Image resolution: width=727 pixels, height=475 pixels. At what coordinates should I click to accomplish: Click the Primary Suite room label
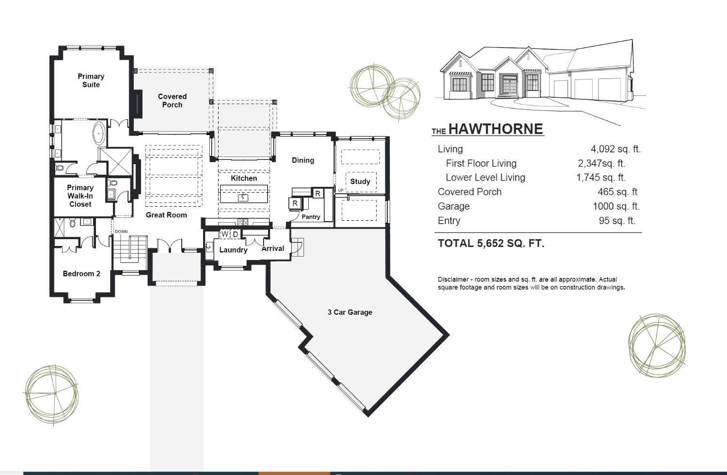pos(91,80)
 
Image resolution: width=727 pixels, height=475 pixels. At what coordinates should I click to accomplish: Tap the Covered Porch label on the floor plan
pos(173,101)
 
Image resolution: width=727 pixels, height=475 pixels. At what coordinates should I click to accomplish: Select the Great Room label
pos(166,215)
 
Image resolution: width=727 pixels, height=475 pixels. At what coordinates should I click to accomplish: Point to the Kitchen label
pos(244,178)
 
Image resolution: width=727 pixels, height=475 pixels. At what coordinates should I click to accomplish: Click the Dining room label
pos(303,160)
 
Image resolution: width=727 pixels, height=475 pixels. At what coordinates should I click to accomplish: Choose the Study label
pos(360,181)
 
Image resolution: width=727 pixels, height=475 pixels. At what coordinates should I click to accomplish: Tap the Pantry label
pos(311,216)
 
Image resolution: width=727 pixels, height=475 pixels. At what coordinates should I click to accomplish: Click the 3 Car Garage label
pos(350,312)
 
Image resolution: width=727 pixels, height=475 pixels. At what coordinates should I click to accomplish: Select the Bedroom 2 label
pos(81,273)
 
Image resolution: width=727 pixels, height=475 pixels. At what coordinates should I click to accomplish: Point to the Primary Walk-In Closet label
pos(80,196)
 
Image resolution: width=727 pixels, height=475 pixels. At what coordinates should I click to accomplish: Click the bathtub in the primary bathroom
pos(99,134)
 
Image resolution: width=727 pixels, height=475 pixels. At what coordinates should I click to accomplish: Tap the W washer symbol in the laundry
pos(224,234)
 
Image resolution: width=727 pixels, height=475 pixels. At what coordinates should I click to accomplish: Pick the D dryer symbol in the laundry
pos(236,234)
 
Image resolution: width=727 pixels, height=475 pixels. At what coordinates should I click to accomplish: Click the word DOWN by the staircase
pos(121,231)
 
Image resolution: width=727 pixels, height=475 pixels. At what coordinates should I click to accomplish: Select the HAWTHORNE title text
pos(496,129)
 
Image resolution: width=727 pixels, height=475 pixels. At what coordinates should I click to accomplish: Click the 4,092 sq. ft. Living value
pos(616,149)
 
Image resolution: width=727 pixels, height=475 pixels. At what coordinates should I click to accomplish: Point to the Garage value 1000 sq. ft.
pos(616,206)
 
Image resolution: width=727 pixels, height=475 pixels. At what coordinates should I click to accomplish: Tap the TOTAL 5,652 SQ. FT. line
pos(491,243)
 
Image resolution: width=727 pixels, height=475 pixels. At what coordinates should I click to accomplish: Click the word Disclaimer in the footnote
pos(453,279)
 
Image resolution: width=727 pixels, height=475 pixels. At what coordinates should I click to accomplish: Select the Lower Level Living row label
pos(485,177)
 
